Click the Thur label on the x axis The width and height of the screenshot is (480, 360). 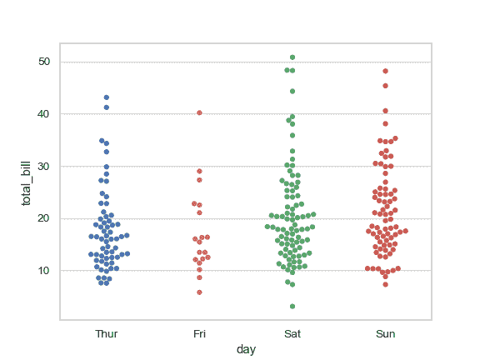(x=106, y=334)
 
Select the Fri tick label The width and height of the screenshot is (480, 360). (x=199, y=334)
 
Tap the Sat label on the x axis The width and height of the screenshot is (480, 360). (x=292, y=334)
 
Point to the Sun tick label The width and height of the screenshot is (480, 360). (x=385, y=334)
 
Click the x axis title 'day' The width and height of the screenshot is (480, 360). (x=246, y=349)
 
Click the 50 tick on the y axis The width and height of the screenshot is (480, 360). (x=43, y=62)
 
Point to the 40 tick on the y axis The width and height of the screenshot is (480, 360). (x=43, y=114)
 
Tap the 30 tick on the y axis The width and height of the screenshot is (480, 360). (x=43, y=167)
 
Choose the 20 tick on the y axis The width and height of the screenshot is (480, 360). (x=43, y=218)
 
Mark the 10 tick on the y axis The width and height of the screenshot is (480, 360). (x=43, y=271)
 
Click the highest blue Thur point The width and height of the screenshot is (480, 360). (x=106, y=97)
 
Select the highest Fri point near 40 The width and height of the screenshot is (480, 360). (x=199, y=112)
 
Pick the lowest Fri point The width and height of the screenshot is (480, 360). (x=199, y=292)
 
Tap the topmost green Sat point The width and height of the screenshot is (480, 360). (x=292, y=57)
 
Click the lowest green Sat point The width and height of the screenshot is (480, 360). (x=292, y=307)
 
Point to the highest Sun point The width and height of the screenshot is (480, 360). (x=385, y=71)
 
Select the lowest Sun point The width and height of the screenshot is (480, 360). (x=385, y=285)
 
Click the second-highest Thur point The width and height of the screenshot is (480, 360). (x=106, y=107)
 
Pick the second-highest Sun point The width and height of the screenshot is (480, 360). (x=385, y=86)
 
